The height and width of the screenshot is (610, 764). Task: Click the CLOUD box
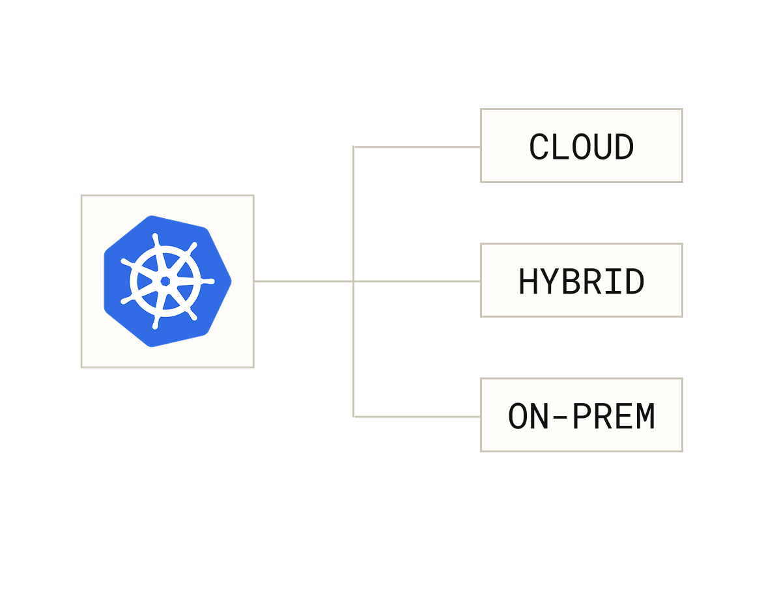(581, 146)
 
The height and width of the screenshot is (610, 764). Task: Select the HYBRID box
(581, 280)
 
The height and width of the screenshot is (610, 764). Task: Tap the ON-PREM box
(581, 415)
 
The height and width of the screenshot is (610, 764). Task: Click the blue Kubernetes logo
(167, 281)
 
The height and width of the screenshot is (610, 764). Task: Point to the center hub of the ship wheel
(165, 281)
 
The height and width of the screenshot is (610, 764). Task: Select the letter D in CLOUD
(624, 147)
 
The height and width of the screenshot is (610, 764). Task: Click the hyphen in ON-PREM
(559, 417)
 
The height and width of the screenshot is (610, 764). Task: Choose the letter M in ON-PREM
(645, 417)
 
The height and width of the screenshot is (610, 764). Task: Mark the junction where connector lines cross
(354, 281)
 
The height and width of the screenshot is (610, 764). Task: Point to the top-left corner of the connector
(354, 147)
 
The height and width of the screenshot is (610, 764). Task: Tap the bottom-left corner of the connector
(354, 416)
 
